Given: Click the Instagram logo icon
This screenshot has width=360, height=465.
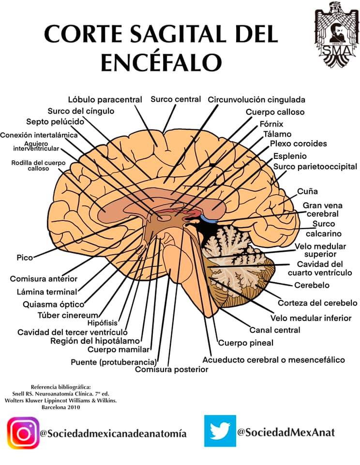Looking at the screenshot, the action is [x=23, y=433].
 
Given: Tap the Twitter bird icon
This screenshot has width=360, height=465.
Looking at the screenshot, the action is [x=220, y=431].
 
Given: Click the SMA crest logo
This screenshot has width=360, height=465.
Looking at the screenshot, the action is [x=336, y=34].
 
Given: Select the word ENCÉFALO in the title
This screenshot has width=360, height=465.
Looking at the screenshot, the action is [x=161, y=62].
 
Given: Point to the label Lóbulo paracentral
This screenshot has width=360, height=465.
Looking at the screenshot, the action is [x=105, y=100].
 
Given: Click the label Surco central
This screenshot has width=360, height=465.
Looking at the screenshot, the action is [x=176, y=99].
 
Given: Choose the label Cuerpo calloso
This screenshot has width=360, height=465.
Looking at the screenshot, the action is [x=275, y=112].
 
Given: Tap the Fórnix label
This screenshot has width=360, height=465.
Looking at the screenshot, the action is [x=271, y=124].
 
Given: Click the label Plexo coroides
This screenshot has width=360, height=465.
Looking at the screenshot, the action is [x=298, y=144].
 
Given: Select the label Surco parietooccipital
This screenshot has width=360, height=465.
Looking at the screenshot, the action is [x=315, y=167].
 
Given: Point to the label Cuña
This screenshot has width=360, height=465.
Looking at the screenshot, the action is [x=307, y=192].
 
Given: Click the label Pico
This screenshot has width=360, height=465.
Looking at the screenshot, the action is [x=25, y=257].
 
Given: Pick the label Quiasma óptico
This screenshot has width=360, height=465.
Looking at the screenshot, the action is [x=54, y=305].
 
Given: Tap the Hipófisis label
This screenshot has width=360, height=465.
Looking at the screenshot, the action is [x=103, y=323].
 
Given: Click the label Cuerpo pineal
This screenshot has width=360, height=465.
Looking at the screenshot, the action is [x=246, y=343].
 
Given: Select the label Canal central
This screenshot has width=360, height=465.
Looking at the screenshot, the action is [x=275, y=330].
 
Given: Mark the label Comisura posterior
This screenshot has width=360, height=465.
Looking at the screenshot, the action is [x=172, y=370].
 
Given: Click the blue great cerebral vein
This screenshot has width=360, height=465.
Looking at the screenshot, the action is [x=209, y=219].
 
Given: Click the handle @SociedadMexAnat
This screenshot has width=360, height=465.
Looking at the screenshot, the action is [x=285, y=432].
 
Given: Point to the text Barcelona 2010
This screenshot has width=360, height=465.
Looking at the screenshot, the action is [x=61, y=407].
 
